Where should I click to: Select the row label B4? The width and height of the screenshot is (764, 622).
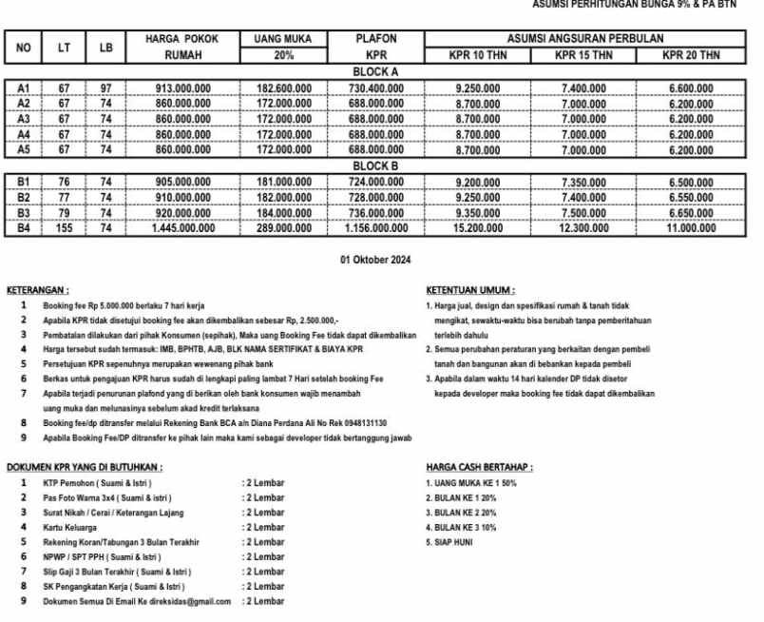[x=24, y=228]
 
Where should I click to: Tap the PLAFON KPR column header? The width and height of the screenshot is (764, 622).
[x=375, y=47]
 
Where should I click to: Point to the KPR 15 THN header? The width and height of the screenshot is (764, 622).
[x=583, y=55]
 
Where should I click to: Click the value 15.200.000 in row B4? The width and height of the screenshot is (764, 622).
[x=479, y=228]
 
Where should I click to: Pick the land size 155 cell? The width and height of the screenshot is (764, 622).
[x=64, y=228]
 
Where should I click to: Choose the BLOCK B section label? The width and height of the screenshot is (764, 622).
[x=374, y=166]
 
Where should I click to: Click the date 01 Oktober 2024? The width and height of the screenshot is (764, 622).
[x=375, y=260]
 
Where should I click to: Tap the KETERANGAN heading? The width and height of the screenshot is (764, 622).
[x=37, y=290]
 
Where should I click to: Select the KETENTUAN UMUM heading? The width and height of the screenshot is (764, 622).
[x=470, y=290]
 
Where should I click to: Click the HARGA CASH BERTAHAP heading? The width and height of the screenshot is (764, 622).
[x=479, y=468]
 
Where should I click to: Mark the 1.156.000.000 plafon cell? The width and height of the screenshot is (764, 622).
[x=375, y=228]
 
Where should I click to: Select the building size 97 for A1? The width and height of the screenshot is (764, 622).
[x=106, y=88]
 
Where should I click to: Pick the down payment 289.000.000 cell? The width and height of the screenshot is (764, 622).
[x=285, y=228]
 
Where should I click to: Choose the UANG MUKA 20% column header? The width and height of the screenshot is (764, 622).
[x=285, y=47]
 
